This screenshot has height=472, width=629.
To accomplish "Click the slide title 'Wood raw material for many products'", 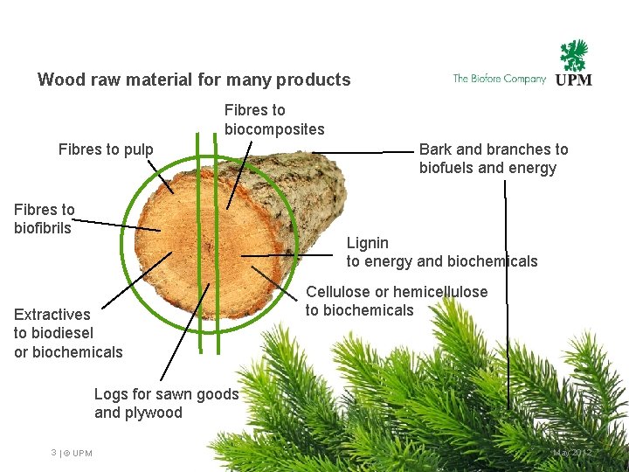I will pyautogui.click(x=194, y=80).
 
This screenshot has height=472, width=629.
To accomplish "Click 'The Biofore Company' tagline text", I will pyautogui.click(x=499, y=79).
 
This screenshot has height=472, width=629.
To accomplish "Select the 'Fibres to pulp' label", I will pyautogui.click(x=106, y=149).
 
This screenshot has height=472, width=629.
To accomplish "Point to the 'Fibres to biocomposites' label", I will pyautogui.click(x=273, y=120).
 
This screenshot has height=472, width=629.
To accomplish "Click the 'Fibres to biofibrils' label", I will pyautogui.click(x=44, y=219).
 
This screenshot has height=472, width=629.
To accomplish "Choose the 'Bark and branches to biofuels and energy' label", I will pyautogui.click(x=493, y=158).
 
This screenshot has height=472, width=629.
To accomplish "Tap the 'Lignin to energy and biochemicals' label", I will pyautogui.click(x=441, y=252).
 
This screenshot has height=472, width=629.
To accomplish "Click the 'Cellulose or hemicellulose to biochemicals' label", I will pyautogui.click(x=396, y=301).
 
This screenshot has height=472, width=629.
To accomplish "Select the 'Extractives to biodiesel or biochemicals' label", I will pyautogui.click(x=67, y=333).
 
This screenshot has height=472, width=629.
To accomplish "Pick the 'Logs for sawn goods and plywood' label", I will pyautogui.click(x=166, y=403).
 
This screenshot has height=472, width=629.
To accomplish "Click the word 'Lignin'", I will pyautogui.click(x=368, y=242).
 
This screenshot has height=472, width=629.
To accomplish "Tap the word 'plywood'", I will pyautogui.click(x=154, y=413).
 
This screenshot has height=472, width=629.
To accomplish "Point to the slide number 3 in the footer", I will pyautogui.click(x=54, y=452).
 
